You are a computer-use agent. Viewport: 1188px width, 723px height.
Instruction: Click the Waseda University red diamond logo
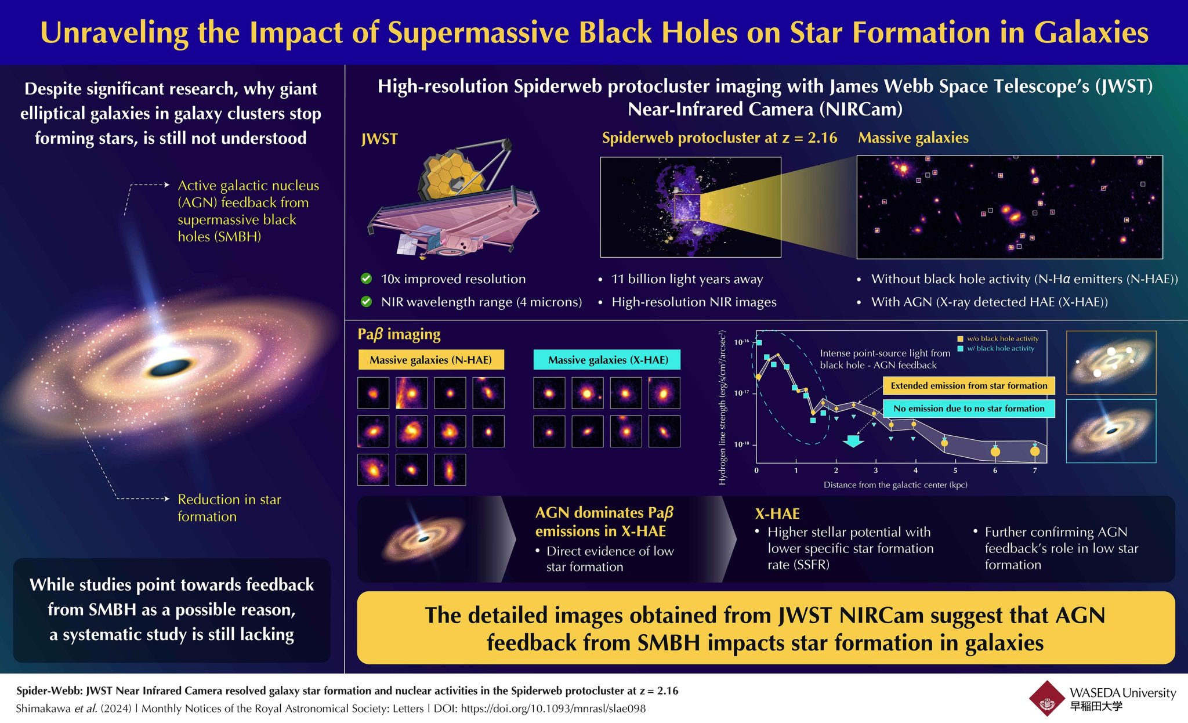(x=1046, y=699)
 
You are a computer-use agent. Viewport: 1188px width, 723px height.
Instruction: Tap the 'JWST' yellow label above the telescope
(x=379, y=139)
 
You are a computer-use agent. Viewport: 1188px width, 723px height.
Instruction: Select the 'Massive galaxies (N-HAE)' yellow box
(x=430, y=360)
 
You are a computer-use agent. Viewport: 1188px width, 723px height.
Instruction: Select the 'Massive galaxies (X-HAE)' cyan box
(x=607, y=360)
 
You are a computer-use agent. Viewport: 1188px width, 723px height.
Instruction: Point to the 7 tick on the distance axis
(x=1035, y=471)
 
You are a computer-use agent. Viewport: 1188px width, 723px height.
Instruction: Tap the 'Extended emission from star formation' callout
(x=969, y=386)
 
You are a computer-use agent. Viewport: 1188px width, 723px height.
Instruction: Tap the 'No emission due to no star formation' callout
(x=969, y=409)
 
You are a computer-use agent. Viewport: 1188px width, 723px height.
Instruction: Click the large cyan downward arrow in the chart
(x=853, y=441)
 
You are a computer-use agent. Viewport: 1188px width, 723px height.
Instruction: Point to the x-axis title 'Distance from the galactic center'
(x=895, y=485)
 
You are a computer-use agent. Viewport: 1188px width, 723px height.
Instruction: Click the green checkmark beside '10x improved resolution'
(x=366, y=279)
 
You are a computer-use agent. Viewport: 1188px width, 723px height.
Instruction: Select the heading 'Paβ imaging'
(x=399, y=334)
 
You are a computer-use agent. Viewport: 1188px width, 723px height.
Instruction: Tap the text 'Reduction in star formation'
(x=229, y=508)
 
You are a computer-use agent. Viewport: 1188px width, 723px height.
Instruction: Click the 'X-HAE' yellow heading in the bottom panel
(x=777, y=514)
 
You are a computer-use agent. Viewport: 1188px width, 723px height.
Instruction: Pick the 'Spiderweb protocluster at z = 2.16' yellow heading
(x=719, y=138)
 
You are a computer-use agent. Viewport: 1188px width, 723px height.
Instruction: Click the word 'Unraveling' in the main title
(x=114, y=32)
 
